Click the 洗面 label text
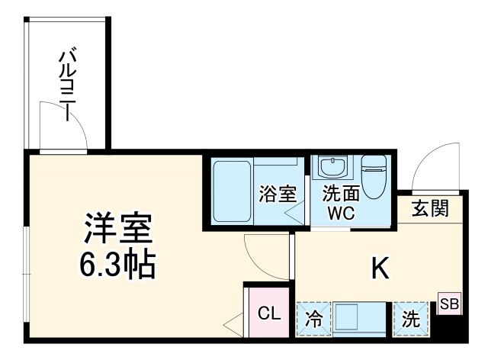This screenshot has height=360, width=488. click(335, 194)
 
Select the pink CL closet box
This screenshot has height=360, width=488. click(268, 313)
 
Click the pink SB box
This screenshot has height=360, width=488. click(449, 304)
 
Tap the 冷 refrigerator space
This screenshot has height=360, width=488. click(313, 320)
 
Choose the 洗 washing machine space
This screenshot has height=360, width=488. click(411, 320)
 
